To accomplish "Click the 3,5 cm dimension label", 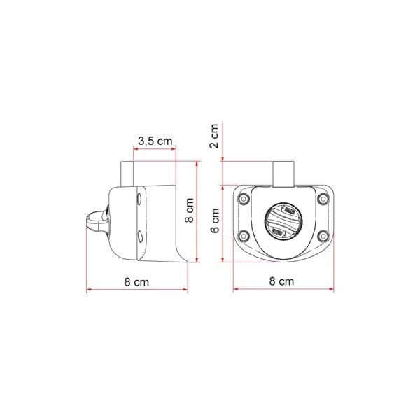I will tap(155, 141).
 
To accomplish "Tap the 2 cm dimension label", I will tap(216, 134).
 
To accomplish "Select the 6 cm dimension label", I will tap(216, 220).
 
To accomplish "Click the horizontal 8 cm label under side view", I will tap(136, 281).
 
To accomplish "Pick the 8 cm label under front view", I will tap(281, 281).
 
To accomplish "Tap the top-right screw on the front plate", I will tap(322, 199).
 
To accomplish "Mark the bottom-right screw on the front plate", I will tap(322, 235).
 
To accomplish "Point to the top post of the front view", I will tap(281, 173).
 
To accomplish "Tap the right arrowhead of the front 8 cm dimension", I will tap(332, 288).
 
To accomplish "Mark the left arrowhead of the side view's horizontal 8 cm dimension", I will tap(88, 288).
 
